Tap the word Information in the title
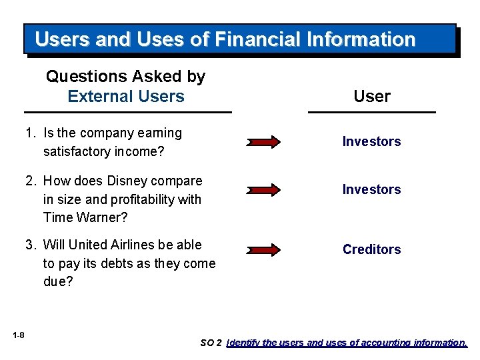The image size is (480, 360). pos(361,39)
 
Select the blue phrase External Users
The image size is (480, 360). pos(126,96)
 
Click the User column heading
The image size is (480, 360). pos(372,96)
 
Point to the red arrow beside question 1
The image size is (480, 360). pos(265,141)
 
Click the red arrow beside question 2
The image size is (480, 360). pos(265,190)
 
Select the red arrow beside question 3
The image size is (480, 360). pos(265,250)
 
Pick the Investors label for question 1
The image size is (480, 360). pos(371,141)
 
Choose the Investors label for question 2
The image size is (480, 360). pos(371,189)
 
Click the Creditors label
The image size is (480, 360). pos(371,249)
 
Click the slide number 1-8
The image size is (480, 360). pos(18,335)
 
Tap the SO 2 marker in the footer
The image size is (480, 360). pos(211,343)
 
